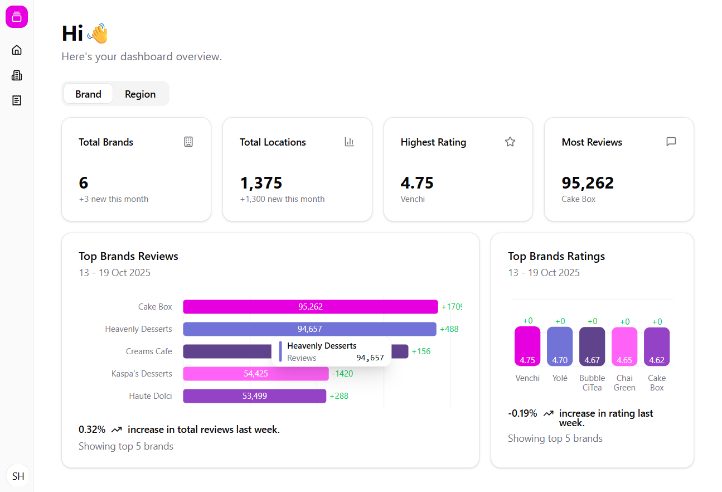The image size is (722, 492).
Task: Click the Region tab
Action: point(140,94)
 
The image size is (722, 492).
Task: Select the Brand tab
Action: point(88,94)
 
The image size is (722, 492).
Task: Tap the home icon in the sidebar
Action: point(17,50)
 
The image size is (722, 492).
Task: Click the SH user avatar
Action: point(18,476)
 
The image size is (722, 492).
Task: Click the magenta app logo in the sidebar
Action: point(17,17)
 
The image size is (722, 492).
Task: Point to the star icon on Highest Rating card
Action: point(510,142)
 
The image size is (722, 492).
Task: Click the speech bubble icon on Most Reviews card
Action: point(671,142)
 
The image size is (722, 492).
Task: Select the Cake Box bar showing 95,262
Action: point(310,307)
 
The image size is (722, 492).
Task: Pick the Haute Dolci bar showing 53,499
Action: point(254,396)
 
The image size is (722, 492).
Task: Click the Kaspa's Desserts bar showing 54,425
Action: point(255,374)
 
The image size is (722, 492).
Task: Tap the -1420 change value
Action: point(342,374)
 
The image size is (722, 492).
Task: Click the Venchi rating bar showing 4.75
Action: point(527,346)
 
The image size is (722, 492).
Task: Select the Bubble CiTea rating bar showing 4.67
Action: point(592,346)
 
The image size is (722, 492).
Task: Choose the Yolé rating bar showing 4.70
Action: point(560,346)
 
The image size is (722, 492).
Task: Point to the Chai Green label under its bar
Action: point(624,383)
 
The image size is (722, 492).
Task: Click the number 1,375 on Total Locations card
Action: point(261,183)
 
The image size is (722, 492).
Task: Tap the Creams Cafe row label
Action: point(149,351)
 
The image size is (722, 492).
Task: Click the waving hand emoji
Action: point(98,33)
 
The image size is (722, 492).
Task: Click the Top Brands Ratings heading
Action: point(556,256)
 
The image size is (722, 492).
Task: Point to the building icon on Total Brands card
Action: point(188,142)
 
